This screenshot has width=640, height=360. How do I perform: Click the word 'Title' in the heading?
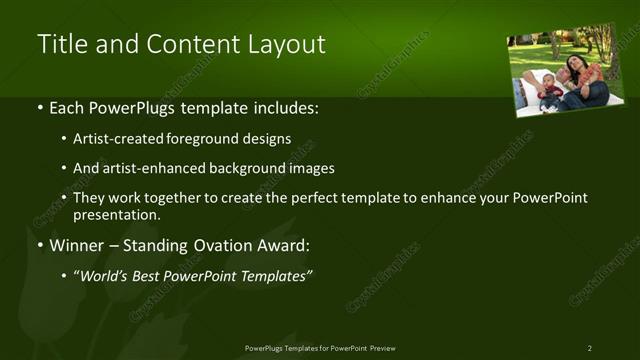(59, 44)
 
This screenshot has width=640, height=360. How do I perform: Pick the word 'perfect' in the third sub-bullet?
(323, 198)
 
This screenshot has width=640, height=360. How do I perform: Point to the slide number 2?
(590, 348)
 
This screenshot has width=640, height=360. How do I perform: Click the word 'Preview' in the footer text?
(389, 348)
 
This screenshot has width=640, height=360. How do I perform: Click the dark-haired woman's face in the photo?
(572, 65)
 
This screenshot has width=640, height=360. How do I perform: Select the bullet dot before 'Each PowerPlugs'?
(40, 108)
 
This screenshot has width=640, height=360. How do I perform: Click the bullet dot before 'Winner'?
(40, 246)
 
